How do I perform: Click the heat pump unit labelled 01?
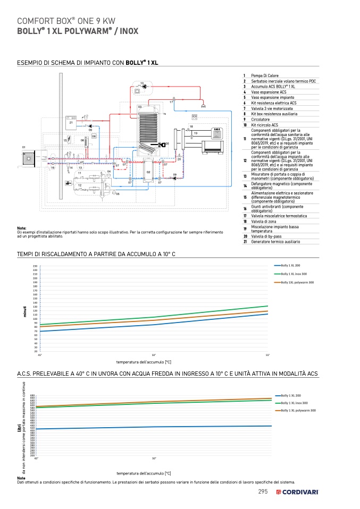[x=28, y=158]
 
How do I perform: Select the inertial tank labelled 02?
[x=148, y=168]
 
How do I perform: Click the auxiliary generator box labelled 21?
[x=71, y=123]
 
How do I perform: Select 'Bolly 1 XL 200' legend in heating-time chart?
[x=291, y=265]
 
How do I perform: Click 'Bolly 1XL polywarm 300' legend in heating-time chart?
[x=297, y=282]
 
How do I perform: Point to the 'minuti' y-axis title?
[x=24, y=311]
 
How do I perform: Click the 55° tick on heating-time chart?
[x=267, y=355]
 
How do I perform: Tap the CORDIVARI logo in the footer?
[x=297, y=492]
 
